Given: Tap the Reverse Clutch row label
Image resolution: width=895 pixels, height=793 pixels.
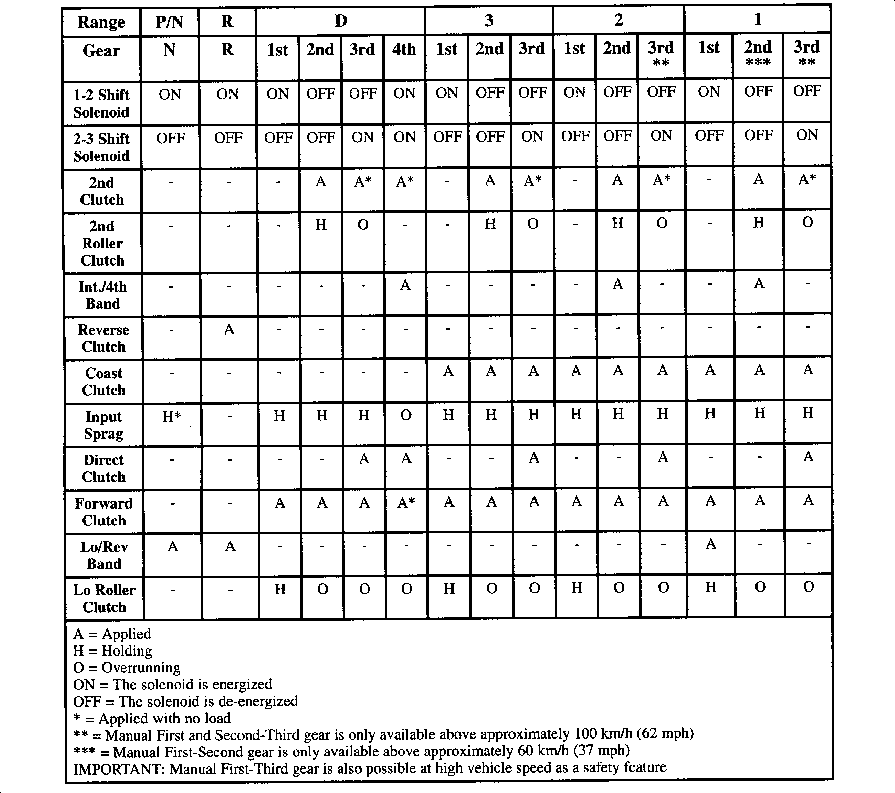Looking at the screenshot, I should [x=103, y=338].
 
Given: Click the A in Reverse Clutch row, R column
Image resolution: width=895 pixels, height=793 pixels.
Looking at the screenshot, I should [x=229, y=329].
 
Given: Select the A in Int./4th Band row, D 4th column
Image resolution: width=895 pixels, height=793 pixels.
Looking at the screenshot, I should [x=405, y=285].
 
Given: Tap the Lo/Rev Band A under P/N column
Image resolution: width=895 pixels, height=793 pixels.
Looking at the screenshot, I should [x=172, y=546].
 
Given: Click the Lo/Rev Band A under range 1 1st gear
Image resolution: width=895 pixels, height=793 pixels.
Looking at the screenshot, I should [x=711, y=544].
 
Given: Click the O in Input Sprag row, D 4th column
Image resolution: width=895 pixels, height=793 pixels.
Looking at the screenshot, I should [x=406, y=415].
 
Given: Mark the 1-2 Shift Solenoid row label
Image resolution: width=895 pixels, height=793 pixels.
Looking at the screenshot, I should [x=101, y=103].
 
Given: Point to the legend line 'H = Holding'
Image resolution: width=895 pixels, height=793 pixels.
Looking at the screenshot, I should [x=112, y=651].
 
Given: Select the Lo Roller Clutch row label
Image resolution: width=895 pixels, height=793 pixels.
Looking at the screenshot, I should [x=104, y=599].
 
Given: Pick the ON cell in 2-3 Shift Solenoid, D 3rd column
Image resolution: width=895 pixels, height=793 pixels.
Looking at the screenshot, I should [x=363, y=137].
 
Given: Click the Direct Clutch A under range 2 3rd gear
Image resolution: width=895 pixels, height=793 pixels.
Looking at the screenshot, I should [x=663, y=457].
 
